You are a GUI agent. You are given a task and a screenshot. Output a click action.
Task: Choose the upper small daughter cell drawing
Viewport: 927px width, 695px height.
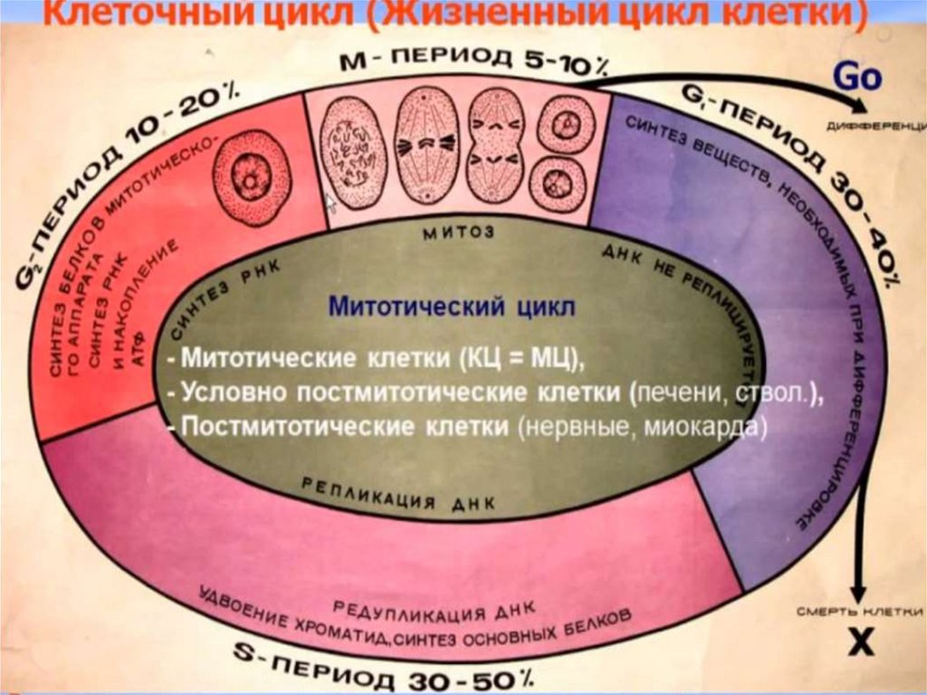click(565, 123)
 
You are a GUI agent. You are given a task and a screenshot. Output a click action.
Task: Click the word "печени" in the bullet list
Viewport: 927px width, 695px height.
click(672, 394)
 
